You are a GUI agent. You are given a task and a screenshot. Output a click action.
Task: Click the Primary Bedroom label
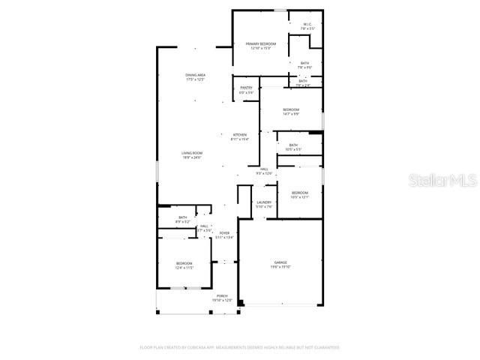coord(261,44)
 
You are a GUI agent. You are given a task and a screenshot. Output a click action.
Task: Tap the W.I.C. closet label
coord(307,24)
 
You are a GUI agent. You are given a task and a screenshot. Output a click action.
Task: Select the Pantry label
coord(246,88)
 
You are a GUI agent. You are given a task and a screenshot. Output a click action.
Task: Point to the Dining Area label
coord(196,75)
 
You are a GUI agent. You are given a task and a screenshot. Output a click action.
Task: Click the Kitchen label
coord(239,135)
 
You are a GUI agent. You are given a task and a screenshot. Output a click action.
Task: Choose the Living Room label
coord(192,153)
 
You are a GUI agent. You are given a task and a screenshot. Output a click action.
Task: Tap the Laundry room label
coord(263,202)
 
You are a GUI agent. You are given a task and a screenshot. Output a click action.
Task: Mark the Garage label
coord(280,262)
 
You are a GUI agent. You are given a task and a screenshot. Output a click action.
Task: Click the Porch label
coord(222,296)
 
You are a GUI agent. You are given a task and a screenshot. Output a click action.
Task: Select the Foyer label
coord(224,233)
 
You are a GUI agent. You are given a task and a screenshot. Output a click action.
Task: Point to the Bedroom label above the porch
coord(184,263)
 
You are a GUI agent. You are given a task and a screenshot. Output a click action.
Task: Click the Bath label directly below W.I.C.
coord(304,63)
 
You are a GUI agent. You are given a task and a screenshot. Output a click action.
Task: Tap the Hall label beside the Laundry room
coord(264,169)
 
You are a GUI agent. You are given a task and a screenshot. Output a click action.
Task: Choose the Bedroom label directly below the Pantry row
coord(291,109)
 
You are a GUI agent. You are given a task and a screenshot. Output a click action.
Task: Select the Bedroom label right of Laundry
coord(300,193)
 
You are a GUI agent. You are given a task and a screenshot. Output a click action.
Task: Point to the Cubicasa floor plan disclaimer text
coord(240,348)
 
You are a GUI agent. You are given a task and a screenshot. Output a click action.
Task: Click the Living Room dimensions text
coord(192,157)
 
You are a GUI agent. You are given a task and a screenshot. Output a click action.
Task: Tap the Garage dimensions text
coord(280,267)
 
